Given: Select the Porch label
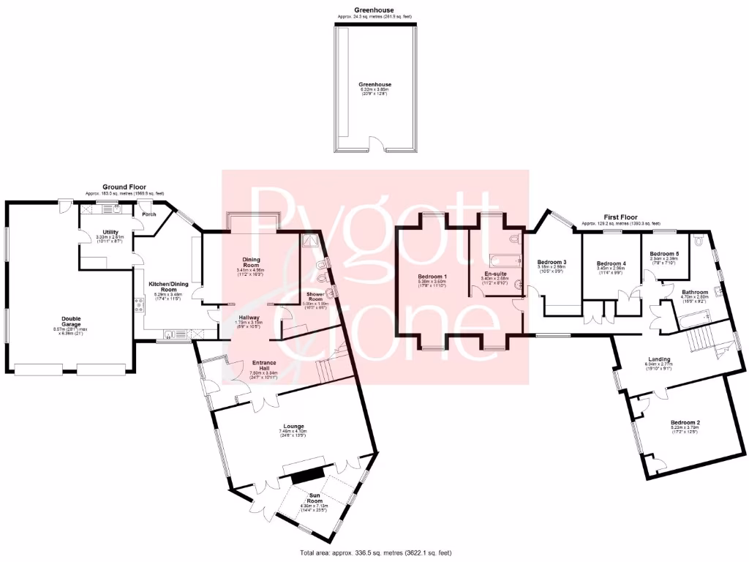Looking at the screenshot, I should (149, 214).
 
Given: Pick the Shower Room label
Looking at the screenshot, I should (316, 297).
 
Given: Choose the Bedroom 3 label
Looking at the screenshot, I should (552, 262).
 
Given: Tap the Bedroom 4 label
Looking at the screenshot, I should (611, 263).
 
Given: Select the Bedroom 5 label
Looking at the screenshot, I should (664, 253).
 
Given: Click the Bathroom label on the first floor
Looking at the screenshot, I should (695, 292).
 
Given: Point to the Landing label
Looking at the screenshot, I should (660, 359).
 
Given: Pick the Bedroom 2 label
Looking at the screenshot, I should (685, 423).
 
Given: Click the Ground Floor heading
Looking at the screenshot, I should (124, 187).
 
